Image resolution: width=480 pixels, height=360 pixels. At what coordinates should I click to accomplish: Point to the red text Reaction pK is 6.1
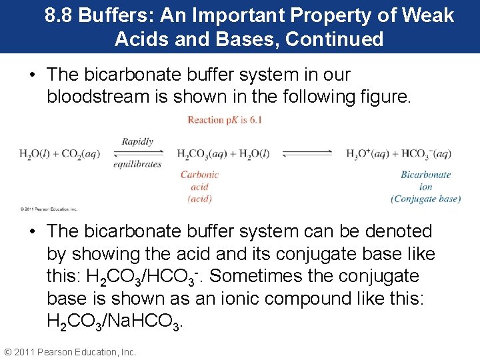pyautogui.click(x=225, y=120)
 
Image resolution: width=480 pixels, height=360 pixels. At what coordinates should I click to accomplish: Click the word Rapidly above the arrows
pyautogui.click(x=137, y=141)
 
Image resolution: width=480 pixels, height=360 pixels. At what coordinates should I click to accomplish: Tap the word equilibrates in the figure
pyautogui.click(x=137, y=164)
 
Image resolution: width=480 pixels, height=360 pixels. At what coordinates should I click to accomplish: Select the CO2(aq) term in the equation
pyautogui.click(x=81, y=154)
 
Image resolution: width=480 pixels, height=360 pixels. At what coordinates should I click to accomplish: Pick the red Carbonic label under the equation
pyautogui.click(x=199, y=175)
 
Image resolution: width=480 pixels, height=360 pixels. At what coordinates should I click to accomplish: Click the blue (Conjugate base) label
pyautogui.click(x=426, y=199)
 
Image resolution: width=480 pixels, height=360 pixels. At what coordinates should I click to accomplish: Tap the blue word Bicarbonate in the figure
pyautogui.click(x=426, y=175)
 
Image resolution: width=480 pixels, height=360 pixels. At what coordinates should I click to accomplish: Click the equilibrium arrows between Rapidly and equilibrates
pyautogui.click(x=137, y=153)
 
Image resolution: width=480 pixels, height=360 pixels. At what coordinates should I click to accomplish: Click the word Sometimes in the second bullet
pyautogui.click(x=267, y=276)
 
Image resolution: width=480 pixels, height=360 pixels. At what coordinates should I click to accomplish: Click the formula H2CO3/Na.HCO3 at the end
pyautogui.click(x=114, y=322)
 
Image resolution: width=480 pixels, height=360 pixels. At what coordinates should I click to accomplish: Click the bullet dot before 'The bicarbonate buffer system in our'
pyautogui.click(x=32, y=75)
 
